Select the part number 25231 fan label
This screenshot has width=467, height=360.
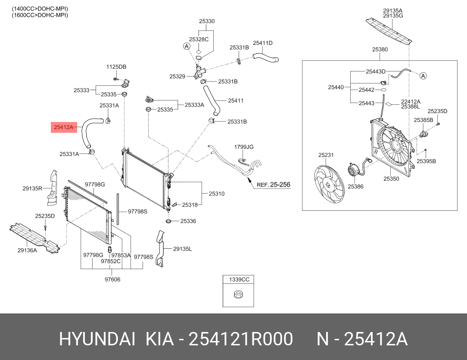click(x=326, y=155)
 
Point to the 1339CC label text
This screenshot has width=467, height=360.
click(x=239, y=279)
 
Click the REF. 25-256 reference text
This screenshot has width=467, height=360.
click(x=273, y=185)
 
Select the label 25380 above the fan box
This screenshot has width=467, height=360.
click(x=380, y=50)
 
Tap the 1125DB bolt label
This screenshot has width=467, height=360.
click(x=116, y=67)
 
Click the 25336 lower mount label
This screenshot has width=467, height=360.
click(x=188, y=221)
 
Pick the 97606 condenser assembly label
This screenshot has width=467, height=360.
click(x=112, y=279)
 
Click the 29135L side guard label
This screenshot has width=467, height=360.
click(x=182, y=249)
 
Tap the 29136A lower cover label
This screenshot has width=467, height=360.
click(x=27, y=250)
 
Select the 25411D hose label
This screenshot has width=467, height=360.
click(x=262, y=43)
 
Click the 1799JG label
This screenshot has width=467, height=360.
click(x=244, y=147)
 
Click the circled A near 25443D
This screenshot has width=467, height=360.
click(x=423, y=76)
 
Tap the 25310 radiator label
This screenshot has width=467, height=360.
click(x=217, y=194)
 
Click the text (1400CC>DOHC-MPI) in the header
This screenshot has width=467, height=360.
click(x=40, y=9)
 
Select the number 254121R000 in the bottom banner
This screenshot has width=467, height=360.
click(x=242, y=339)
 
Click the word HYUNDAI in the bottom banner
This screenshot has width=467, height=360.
click(x=97, y=339)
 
